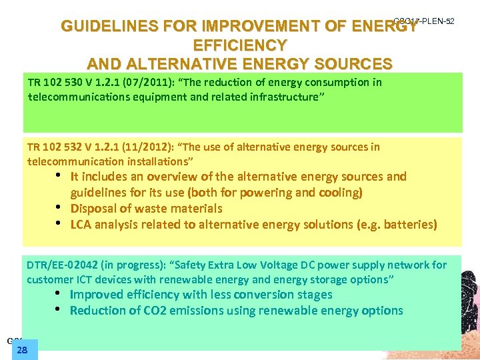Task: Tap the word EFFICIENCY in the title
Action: (x=240, y=46)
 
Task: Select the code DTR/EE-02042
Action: (x=67, y=265)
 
